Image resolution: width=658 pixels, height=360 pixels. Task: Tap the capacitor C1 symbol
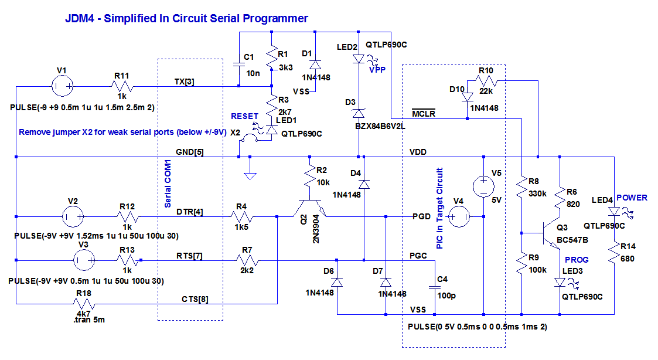pyautogui.click(x=239, y=64)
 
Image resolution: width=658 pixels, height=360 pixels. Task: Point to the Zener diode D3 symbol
pyautogui.click(x=359, y=112)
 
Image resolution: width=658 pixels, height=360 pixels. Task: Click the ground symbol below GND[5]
pyautogui.click(x=250, y=174)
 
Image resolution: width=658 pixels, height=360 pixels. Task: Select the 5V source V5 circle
pyautogui.click(x=483, y=186)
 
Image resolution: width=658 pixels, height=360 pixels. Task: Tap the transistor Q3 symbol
pyautogui.click(x=551, y=233)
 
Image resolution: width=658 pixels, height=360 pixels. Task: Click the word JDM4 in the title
pyautogui.click(x=79, y=19)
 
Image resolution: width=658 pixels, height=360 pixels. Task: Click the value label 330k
pyautogui.click(x=537, y=193)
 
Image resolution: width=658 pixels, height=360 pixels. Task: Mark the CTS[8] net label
pyautogui.click(x=195, y=299)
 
